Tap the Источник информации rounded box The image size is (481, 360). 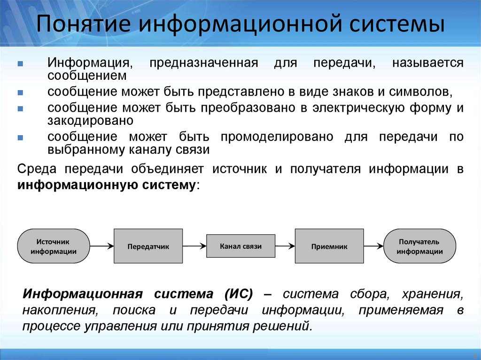pyautogui.click(x=54, y=246)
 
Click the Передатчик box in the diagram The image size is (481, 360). pyautogui.click(x=148, y=246)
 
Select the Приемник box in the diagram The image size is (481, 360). pyautogui.click(x=329, y=246)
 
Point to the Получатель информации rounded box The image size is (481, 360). pyautogui.click(x=419, y=246)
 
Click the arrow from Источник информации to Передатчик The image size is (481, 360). pyautogui.click(x=101, y=246)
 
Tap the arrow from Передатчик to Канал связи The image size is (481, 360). pyautogui.click(x=194, y=246)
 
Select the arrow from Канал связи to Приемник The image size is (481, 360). pyautogui.click(x=285, y=246)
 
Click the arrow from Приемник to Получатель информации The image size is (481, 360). pyautogui.click(x=374, y=246)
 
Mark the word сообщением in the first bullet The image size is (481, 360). pyautogui.click(x=87, y=75)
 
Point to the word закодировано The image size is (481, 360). pyautogui.click(x=90, y=120)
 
